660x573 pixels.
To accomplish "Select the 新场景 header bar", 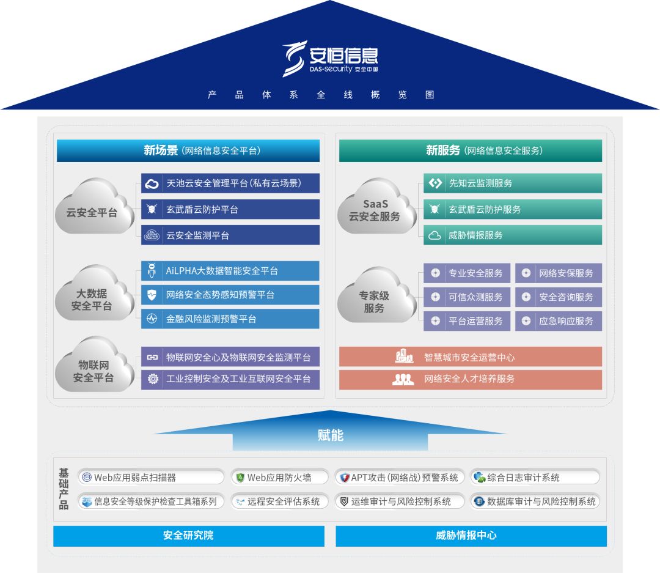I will point(188,150).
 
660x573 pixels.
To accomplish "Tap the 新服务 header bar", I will point(471,150).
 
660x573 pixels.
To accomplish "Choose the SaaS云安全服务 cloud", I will point(375,210).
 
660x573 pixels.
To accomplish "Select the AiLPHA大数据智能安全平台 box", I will point(230,271).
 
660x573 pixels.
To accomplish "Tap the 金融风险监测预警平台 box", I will point(230,319).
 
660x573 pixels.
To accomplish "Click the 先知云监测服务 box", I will point(513,183).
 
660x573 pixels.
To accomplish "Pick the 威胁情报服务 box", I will point(513,235).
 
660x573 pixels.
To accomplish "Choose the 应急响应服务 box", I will point(559,320).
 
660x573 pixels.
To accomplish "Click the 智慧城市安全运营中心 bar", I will point(471,357).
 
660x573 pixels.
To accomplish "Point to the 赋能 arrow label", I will point(330,435).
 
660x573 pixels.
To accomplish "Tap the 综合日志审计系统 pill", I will point(535,477).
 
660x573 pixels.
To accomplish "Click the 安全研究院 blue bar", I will point(188,536).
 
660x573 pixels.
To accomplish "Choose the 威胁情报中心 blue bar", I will point(471,536).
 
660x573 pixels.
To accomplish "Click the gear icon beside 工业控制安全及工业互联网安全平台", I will point(153,379).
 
